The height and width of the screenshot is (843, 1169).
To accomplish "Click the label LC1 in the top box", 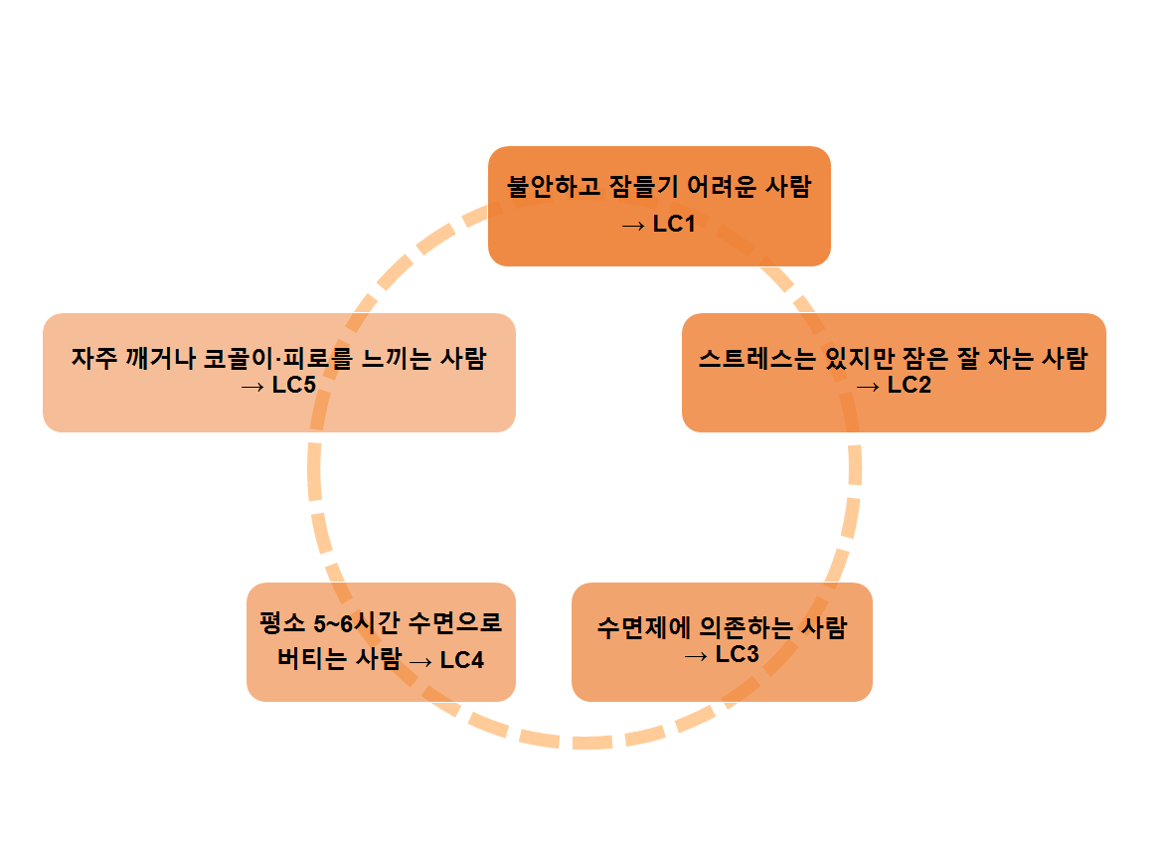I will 674,225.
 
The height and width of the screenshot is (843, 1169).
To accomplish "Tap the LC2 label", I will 910,386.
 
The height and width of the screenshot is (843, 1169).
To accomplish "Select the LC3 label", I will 737,654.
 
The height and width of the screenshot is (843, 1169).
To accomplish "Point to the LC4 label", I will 462,659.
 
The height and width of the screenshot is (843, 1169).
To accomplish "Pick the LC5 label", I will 294,386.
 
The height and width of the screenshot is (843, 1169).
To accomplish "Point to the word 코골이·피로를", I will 271,359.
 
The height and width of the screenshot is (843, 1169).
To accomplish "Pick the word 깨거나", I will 158,359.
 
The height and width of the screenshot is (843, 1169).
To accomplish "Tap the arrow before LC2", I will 868,386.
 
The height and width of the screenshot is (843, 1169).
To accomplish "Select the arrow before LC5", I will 252,386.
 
